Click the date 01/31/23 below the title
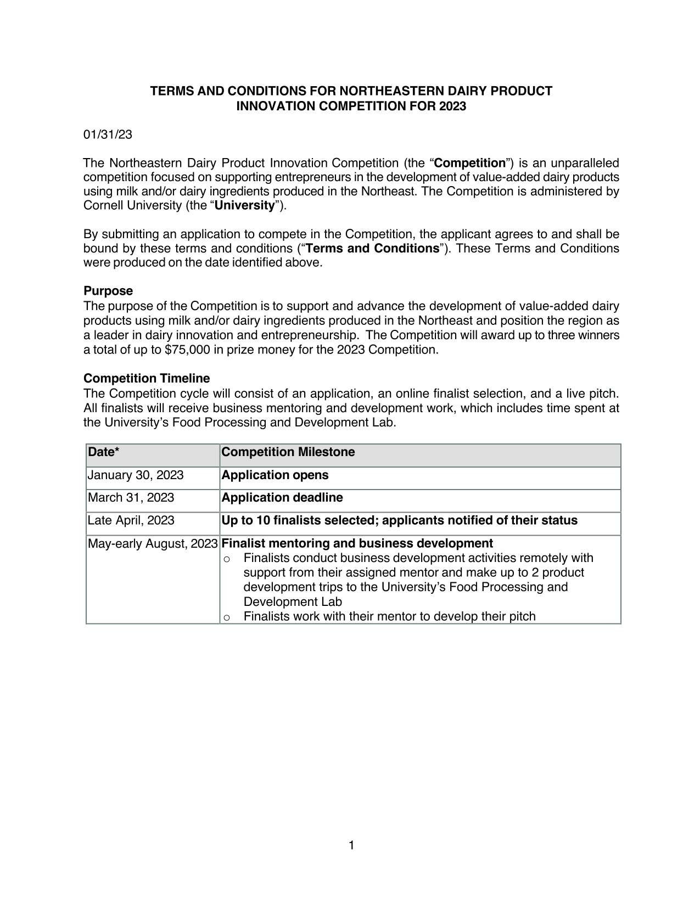pyautogui.click(x=108, y=134)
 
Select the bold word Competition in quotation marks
pyautogui.click(x=469, y=163)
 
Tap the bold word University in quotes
pyautogui.click(x=244, y=206)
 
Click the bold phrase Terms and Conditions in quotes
pyautogui.click(x=372, y=249)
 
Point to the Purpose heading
pyautogui.click(x=108, y=291)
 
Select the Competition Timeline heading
pyautogui.click(x=147, y=379)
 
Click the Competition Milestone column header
pyautogui.click(x=288, y=452)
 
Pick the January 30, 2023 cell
pyautogui.click(x=136, y=475)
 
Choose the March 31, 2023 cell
pyautogui.click(x=131, y=498)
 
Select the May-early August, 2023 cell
pyautogui.click(x=153, y=544)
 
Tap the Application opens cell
pyautogui.click(x=275, y=475)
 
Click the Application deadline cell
pyautogui.click(x=282, y=498)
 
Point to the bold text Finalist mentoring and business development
pyautogui.click(x=357, y=544)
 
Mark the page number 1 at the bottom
pyautogui.click(x=351, y=845)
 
